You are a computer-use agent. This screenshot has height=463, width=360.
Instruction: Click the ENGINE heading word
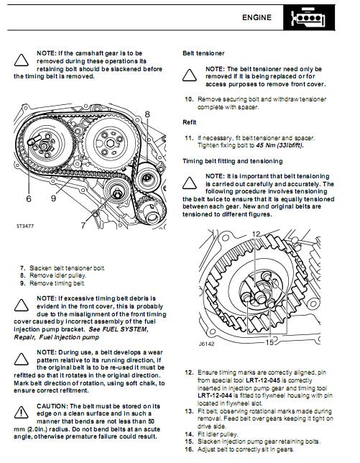257,17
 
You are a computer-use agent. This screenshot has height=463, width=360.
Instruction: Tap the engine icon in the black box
308,18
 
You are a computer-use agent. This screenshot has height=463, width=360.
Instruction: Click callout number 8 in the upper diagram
147,114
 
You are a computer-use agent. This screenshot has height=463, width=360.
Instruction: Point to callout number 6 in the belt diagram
29,198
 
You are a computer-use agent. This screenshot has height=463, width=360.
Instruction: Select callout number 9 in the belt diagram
53,198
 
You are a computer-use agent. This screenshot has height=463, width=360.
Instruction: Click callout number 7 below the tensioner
83,225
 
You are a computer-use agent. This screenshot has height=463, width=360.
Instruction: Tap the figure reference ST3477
25,226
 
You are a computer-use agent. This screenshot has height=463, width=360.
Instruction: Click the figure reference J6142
206,344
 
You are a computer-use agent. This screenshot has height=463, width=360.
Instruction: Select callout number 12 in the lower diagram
256,234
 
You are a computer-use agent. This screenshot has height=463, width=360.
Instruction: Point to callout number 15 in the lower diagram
269,342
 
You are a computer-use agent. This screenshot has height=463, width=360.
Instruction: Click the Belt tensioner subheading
203,53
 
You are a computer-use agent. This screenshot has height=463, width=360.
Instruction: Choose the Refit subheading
189,122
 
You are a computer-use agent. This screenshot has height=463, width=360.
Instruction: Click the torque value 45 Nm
265,145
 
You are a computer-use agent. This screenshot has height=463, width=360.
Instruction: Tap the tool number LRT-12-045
262,380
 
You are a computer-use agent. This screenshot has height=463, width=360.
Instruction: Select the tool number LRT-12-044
215,395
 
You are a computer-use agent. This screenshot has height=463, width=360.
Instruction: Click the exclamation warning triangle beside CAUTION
22,412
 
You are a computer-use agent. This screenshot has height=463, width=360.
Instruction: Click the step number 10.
189,99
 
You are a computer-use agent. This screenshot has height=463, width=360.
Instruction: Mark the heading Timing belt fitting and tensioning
233,161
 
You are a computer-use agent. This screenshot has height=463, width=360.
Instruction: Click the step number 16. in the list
189,449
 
